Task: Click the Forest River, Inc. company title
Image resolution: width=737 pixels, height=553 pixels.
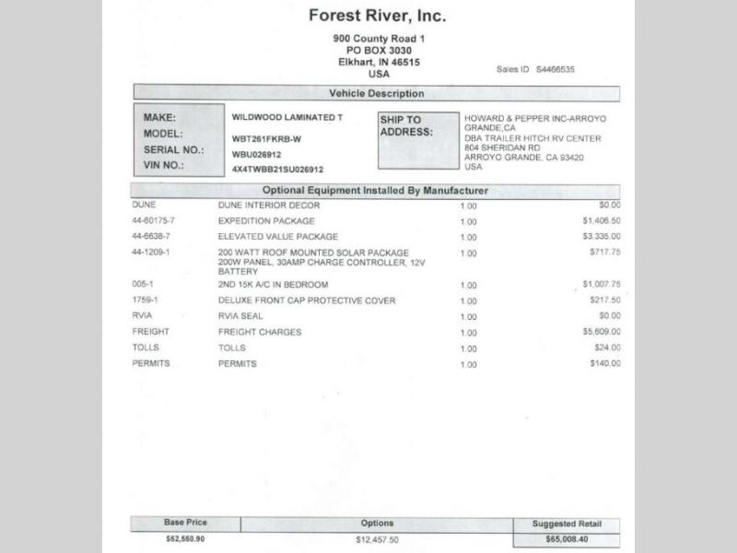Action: [x=378, y=16]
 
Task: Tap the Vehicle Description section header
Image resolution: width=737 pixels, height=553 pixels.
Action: [x=376, y=93]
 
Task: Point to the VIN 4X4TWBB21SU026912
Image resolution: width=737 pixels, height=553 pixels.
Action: [x=277, y=170]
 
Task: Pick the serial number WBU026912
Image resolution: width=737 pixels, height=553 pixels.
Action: [x=258, y=155]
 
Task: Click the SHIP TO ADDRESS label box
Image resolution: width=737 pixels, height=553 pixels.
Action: [x=417, y=140]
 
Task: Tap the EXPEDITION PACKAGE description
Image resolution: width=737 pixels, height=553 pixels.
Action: [x=266, y=221]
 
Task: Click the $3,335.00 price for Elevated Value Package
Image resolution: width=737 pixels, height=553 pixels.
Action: [x=601, y=237]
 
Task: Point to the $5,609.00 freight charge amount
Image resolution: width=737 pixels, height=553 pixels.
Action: [x=601, y=332]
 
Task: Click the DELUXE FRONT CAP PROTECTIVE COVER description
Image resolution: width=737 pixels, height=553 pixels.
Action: [x=307, y=300]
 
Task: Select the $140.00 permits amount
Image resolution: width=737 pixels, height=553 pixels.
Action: [x=605, y=364]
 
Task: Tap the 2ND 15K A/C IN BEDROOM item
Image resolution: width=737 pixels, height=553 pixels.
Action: [x=273, y=285]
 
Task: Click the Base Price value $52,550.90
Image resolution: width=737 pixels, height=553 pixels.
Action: [x=185, y=537]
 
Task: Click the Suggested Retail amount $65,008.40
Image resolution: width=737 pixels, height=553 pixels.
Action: [x=567, y=538]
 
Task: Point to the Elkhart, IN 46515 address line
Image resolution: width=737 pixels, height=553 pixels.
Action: [x=378, y=62]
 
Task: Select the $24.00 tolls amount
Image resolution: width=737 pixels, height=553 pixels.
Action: [x=608, y=347]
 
